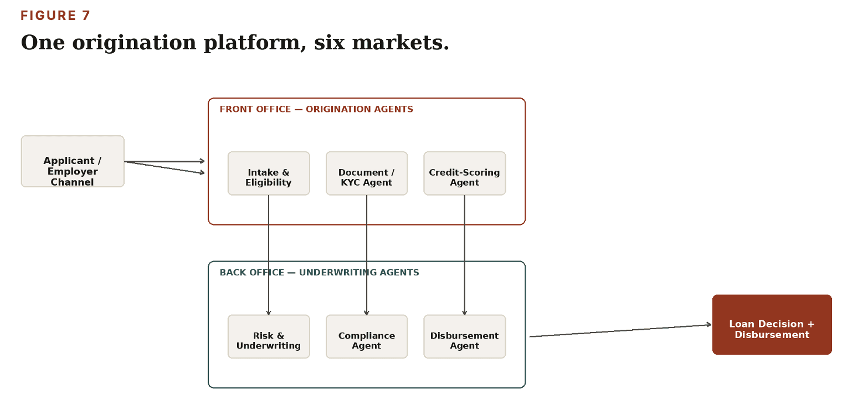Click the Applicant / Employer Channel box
click(x=73, y=161)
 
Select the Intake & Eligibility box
click(x=269, y=173)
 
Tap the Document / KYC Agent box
click(x=367, y=173)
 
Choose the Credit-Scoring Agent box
click(x=465, y=173)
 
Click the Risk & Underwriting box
click(x=269, y=337)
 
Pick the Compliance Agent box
click(x=367, y=337)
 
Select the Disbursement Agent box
click(x=465, y=337)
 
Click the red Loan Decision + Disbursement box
click(x=772, y=325)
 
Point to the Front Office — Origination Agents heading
click(x=316, y=109)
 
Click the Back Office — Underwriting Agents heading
click(x=319, y=272)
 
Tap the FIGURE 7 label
click(x=55, y=16)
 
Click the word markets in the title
click(x=401, y=43)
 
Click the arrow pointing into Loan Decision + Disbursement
click(x=620, y=330)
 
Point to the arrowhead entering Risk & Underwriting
click(x=268, y=313)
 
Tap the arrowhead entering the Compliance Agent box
click(x=367, y=313)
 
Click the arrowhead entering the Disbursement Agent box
click(x=465, y=313)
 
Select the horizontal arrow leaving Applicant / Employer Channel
click(x=165, y=161)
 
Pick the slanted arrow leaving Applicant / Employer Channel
click(x=165, y=167)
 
